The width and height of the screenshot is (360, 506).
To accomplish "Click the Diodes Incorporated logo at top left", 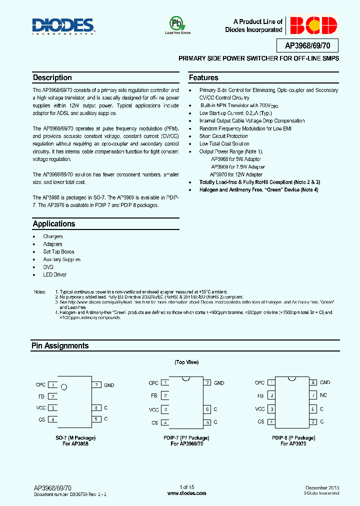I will pyautogui.click(x=63, y=26).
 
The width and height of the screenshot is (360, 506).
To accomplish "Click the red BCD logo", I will pyautogui.click(x=313, y=25).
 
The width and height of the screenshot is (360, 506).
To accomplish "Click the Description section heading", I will pyautogui.click(x=52, y=78).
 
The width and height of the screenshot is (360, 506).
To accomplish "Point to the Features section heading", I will pyautogui.click(x=203, y=78).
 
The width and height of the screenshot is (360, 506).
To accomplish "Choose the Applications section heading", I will pyautogui.click(x=54, y=224).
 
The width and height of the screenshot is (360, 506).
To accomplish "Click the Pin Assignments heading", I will pyautogui.click(x=60, y=346).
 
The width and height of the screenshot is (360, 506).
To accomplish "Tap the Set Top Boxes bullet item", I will pyautogui.click(x=58, y=251).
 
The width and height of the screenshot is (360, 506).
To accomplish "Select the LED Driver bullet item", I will pyautogui.click(x=55, y=274).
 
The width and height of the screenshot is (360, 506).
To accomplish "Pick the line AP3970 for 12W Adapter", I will pyautogui.click(x=236, y=174).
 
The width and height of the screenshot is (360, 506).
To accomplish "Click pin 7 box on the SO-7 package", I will pyautogui.click(x=96, y=385).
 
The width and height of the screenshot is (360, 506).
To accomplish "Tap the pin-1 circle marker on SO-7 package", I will pyautogui.click(x=63, y=387).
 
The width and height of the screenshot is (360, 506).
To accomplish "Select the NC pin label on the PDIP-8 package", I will pyautogui.click(x=323, y=395).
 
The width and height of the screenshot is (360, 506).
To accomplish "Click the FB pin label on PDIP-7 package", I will pyautogui.click(x=154, y=395).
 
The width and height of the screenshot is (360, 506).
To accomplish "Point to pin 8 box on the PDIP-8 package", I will pyautogui.click(x=313, y=382).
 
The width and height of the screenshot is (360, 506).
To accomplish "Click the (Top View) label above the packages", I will pyautogui.click(x=186, y=362).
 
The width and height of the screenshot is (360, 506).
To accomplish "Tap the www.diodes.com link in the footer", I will pyautogui.click(x=186, y=493).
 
